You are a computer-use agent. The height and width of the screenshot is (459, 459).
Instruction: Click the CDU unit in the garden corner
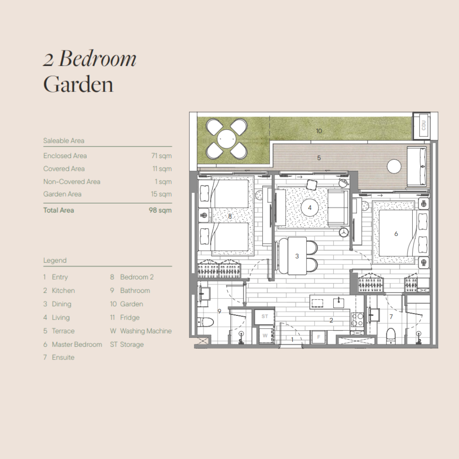[422, 125]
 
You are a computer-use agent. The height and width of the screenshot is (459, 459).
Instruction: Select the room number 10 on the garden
[319, 131]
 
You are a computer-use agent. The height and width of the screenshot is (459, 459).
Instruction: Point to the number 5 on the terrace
[319, 158]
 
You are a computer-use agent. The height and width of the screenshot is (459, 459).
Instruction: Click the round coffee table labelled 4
[310, 208]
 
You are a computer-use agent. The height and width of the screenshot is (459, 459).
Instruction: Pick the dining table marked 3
[297, 256]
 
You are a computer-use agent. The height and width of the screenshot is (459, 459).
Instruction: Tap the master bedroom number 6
[396, 234]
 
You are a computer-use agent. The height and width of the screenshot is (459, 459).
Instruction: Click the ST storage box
[264, 317]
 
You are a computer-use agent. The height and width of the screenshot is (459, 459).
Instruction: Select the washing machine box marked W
[265, 335]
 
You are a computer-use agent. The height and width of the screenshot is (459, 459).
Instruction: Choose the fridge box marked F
[318, 337]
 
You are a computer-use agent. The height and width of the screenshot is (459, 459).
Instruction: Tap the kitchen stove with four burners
[357, 319]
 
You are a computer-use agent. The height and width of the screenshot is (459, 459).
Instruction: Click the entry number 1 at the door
[292, 340]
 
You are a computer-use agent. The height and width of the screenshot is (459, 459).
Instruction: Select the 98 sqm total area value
[160, 210]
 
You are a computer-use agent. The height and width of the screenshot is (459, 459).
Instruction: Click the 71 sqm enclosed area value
[161, 156]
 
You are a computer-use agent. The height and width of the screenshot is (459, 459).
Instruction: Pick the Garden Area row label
[62, 194]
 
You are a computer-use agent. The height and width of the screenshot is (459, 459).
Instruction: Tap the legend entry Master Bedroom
[77, 344]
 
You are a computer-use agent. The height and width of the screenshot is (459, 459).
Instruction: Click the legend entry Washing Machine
[146, 331]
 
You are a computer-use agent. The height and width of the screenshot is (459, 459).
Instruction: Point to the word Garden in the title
[78, 84]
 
